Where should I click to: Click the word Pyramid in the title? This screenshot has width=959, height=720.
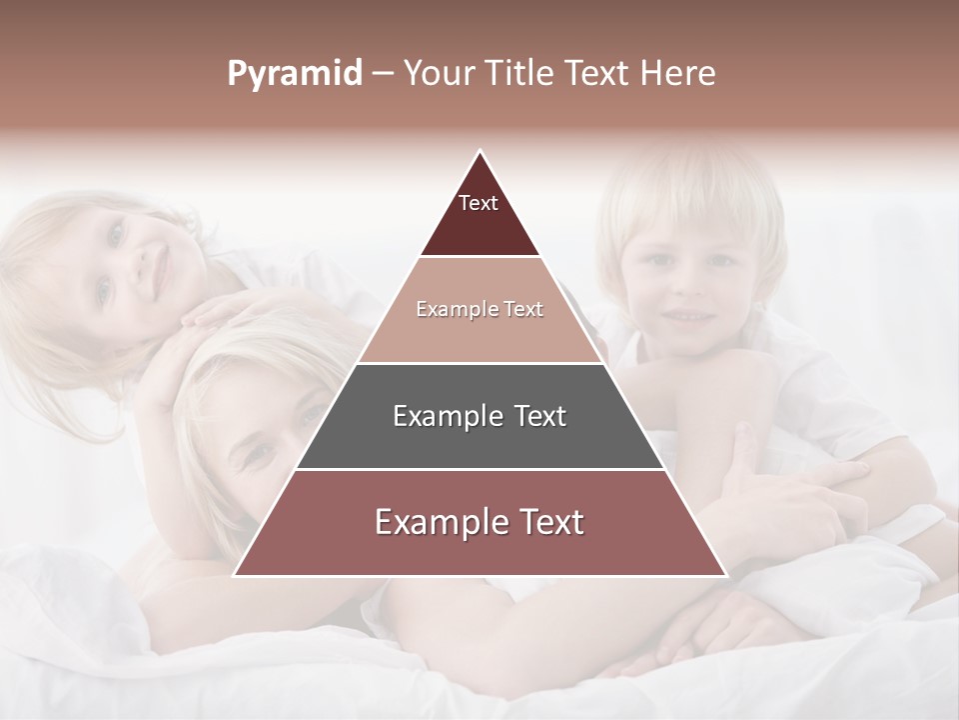[294, 74]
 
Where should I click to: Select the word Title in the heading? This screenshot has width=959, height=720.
[520, 73]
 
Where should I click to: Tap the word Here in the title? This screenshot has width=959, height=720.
[679, 73]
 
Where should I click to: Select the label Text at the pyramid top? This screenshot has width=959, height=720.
[479, 203]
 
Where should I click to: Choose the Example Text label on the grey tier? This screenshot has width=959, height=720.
[479, 416]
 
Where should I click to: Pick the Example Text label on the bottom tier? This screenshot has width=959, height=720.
[479, 522]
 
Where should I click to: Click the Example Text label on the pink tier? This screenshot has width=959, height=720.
[479, 309]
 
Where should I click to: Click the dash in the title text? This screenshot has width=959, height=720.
[382, 74]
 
